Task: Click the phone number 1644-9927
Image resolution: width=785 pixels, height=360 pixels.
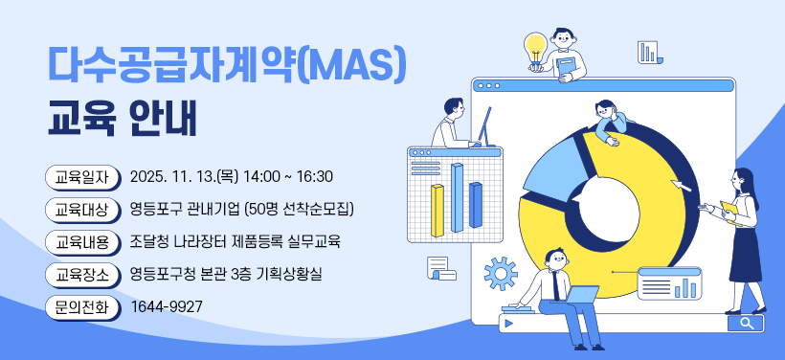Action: tap(166, 307)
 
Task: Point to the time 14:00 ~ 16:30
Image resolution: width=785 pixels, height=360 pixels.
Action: tap(288, 177)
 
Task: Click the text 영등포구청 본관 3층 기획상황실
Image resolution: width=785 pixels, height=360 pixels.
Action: tap(226, 275)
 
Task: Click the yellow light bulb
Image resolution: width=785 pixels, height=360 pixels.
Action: tap(535, 45)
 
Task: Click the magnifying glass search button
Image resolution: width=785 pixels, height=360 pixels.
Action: tap(746, 324)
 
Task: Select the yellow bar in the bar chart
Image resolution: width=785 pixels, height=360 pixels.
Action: tap(437, 210)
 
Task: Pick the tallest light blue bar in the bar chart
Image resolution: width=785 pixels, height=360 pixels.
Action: tap(457, 196)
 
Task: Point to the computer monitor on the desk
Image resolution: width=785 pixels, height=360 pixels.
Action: tap(485, 125)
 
